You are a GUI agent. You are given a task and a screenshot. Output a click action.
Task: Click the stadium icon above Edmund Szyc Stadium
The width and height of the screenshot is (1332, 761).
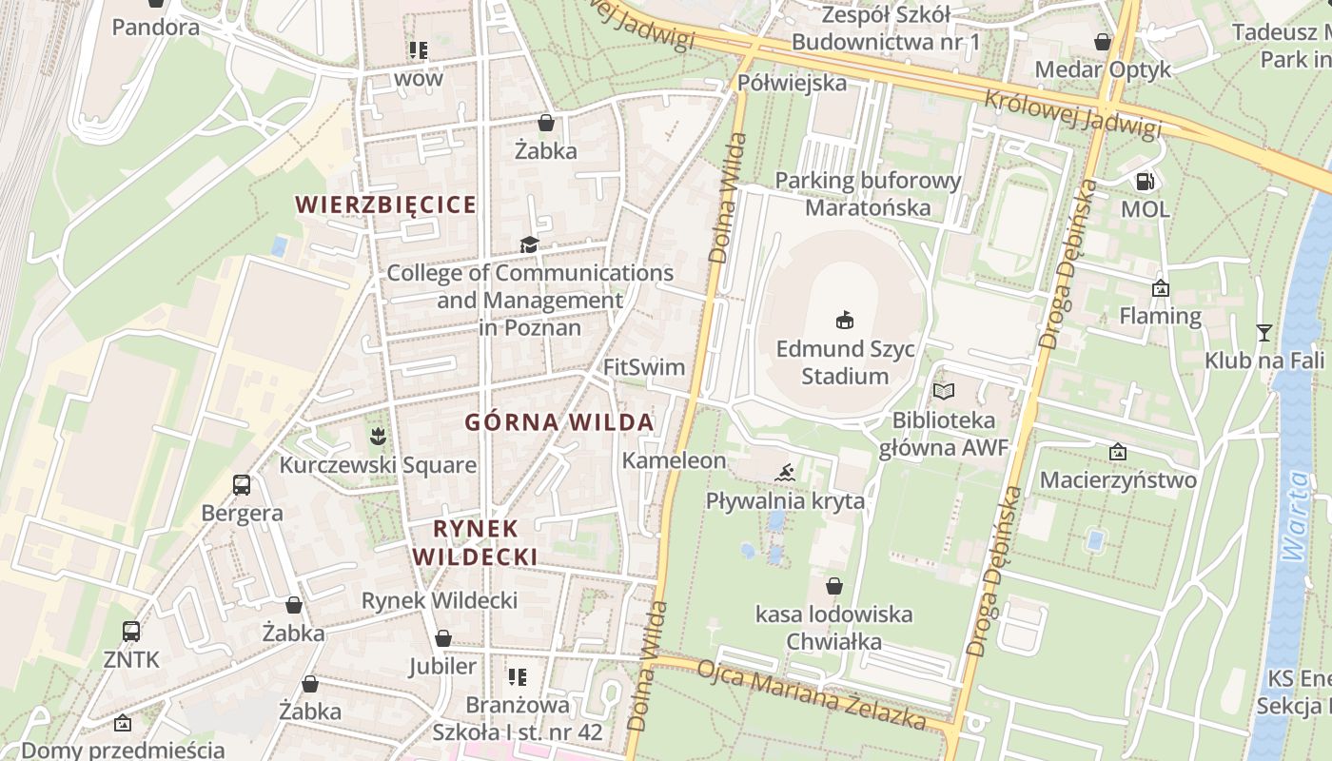(x=844, y=320)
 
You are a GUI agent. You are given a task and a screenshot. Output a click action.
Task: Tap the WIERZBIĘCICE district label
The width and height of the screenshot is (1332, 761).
(x=385, y=205)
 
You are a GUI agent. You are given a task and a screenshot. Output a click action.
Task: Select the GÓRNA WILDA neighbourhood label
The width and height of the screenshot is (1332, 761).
(x=558, y=422)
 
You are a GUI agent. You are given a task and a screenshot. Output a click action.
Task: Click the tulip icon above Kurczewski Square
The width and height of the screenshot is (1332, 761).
(x=378, y=438)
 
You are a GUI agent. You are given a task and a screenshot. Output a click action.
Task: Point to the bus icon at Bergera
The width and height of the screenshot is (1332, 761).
(x=242, y=485)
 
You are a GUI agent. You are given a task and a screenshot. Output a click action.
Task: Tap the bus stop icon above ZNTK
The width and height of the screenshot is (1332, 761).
(x=131, y=631)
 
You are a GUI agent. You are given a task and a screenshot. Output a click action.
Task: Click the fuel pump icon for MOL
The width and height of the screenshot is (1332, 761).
(x=1146, y=181)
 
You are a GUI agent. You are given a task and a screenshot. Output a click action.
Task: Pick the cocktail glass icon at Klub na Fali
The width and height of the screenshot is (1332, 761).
(x=1263, y=332)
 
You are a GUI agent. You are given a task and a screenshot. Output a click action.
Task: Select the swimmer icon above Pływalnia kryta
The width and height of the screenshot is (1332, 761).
(x=785, y=473)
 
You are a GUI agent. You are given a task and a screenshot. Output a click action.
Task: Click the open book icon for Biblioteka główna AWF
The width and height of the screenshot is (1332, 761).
(x=943, y=391)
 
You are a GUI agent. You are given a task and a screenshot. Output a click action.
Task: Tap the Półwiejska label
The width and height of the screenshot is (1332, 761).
(x=792, y=83)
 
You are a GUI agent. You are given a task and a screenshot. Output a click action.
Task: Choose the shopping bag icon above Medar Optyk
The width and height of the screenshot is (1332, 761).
(x=1103, y=42)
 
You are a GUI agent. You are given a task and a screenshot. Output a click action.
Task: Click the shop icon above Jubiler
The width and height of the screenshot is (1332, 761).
(x=442, y=638)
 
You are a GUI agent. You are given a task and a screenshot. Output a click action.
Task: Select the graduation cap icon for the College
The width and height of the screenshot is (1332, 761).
(x=529, y=245)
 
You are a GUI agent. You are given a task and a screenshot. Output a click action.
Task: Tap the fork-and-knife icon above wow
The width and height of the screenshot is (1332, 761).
(x=418, y=49)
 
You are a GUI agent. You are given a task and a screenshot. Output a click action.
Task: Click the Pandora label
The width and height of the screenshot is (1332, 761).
(x=156, y=27)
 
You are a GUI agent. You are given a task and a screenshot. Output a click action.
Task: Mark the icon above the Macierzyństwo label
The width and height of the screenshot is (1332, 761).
(x=1118, y=452)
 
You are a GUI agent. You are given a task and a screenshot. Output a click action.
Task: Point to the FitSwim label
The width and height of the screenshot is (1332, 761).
(x=644, y=366)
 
